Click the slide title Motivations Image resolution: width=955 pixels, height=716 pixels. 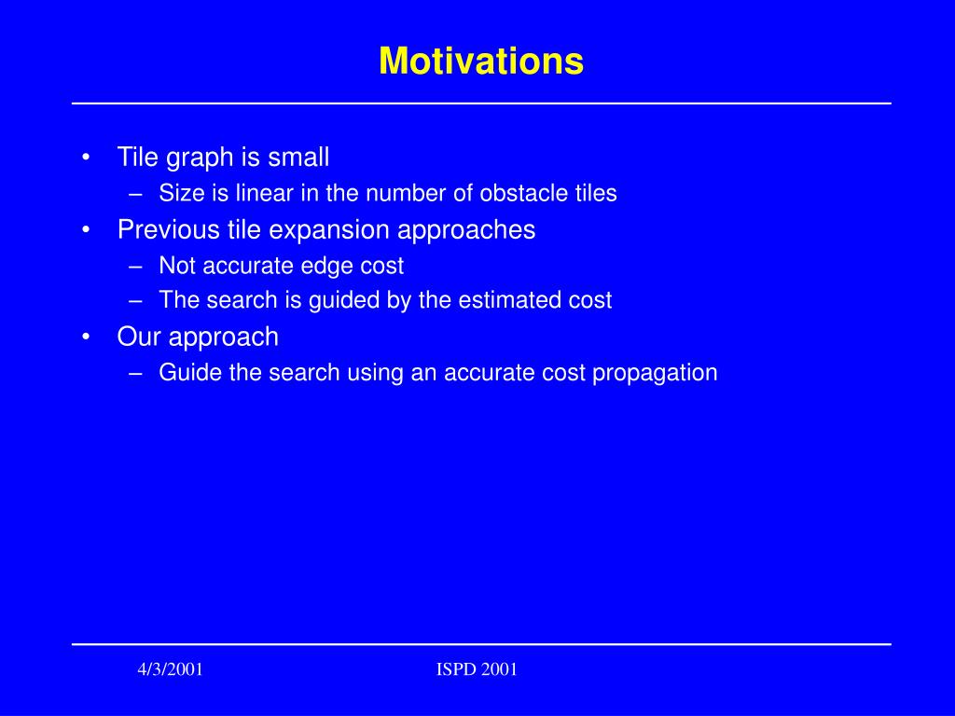pos(481,61)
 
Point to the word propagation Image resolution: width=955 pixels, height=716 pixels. pos(655,374)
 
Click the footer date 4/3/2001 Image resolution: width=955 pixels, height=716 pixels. pos(170,669)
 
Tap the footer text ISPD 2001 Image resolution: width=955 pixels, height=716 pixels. pos(477,669)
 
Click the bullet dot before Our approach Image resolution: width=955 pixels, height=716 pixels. pos(86,337)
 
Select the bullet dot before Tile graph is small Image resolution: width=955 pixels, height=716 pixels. pos(86,158)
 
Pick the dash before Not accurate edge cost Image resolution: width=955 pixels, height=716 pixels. pos(136,267)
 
